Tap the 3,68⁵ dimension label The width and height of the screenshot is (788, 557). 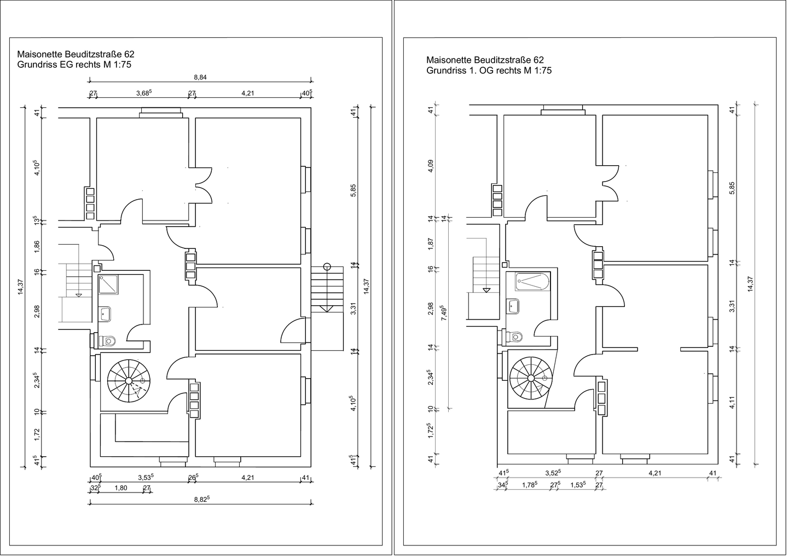[x=143, y=93]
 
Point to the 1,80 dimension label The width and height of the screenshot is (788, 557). [x=120, y=488]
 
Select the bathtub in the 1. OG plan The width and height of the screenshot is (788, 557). [x=531, y=282]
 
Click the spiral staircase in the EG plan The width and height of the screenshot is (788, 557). [x=129, y=381]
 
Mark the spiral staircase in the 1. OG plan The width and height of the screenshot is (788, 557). [x=530, y=378]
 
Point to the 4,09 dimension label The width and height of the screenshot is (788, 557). [x=431, y=166]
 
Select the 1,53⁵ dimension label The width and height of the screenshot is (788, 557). [x=577, y=484]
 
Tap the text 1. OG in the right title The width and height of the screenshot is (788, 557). [x=485, y=71]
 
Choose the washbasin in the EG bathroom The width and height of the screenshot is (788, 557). [x=105, y=314]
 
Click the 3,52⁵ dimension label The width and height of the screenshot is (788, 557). [x=553, y=473]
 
